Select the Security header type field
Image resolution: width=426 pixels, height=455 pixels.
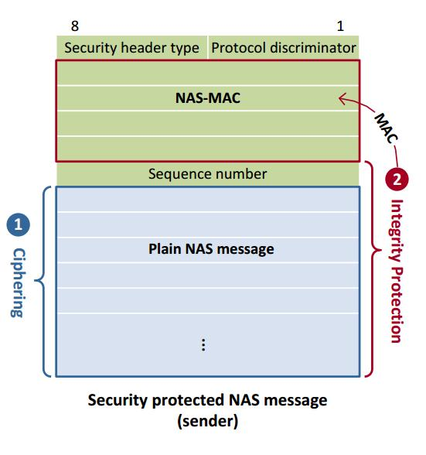pos(131,48)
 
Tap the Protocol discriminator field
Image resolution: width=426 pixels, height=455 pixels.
pos(284,48)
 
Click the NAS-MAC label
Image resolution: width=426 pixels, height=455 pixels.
pos(207,98)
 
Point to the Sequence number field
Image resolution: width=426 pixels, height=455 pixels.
pos(207,174)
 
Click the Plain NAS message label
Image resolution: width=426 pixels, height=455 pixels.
pos(211,250)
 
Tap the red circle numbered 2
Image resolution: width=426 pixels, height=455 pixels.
pos(396,180)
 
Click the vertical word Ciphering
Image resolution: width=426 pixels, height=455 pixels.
pos(18,282)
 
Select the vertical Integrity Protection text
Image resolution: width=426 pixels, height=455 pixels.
pos(395,271)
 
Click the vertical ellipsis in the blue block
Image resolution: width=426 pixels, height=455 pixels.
pos(203,345)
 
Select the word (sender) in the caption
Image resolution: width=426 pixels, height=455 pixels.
pos(207,422)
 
